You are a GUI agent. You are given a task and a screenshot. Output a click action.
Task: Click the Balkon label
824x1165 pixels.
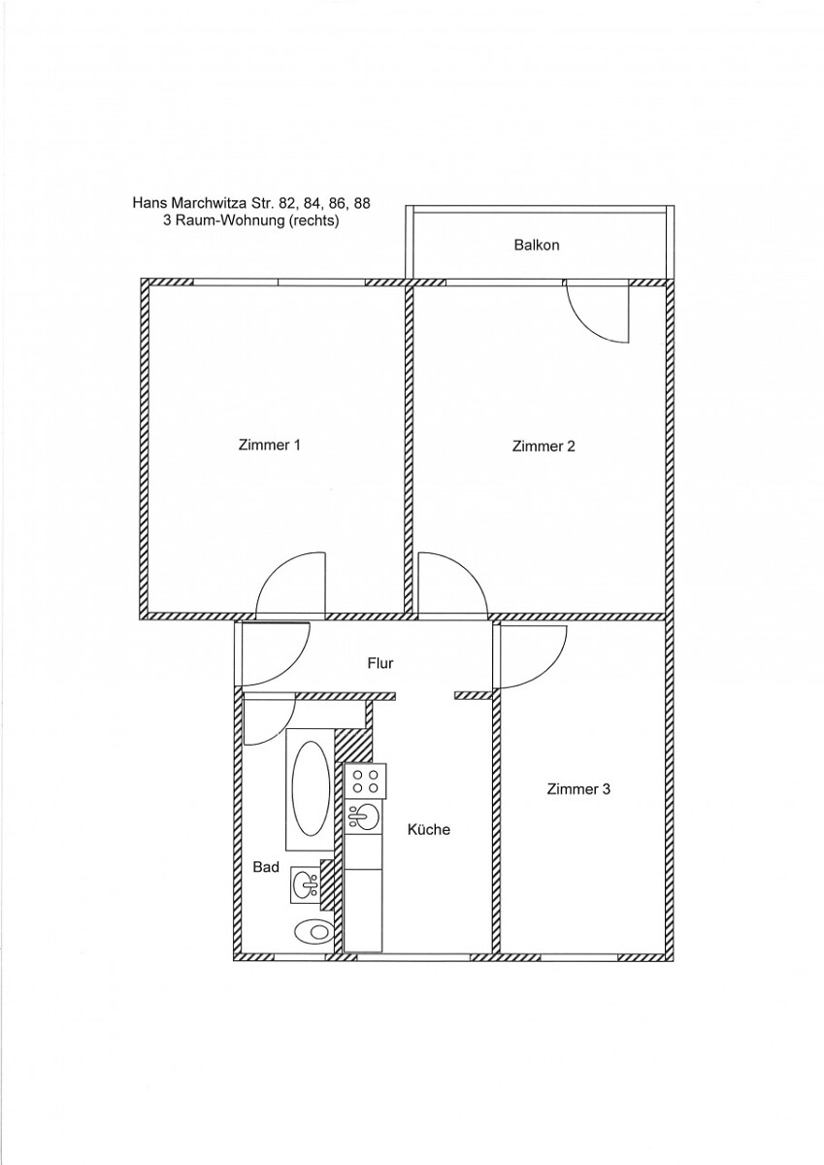[x=537, y=245]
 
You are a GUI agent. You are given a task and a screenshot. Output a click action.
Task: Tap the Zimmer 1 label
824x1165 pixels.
[x=269, y=446]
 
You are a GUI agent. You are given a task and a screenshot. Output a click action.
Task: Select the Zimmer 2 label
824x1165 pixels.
[x=544, y=447]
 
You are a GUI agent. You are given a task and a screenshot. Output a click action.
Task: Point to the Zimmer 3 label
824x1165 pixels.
[x=578, y=789]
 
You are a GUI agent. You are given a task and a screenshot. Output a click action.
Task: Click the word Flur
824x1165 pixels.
[x=380, y=663]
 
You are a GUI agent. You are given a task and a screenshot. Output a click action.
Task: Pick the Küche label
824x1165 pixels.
[x=429, y=829]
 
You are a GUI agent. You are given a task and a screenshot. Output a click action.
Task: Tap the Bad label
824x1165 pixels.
[x=266, y=867]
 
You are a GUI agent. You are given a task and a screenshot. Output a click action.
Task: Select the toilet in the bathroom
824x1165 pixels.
[x=313, y=930]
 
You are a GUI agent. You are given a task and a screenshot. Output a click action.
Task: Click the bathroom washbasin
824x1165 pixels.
[x=305, y=885]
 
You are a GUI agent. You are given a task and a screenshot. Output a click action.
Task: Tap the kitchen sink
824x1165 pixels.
[x=363, y=817]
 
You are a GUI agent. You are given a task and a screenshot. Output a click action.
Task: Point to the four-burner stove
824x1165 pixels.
[x=366, y=782]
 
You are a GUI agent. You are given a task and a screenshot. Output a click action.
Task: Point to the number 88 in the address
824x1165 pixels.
[x=362, y=203]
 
